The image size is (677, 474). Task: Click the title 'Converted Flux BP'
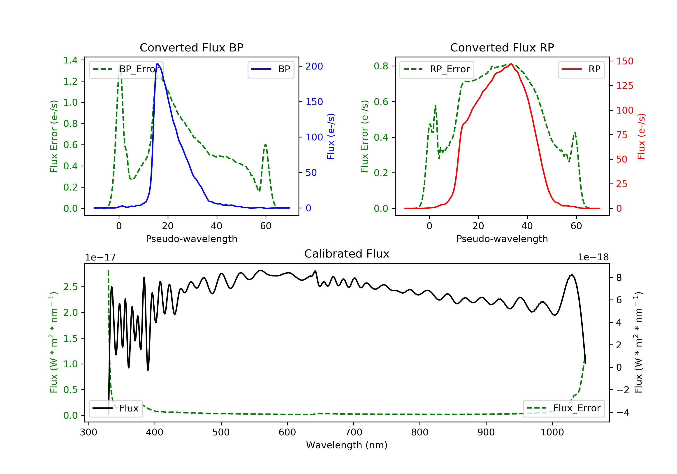(x=192, y=47)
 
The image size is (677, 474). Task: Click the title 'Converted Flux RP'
(x=502, y=47)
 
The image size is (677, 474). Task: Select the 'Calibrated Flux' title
(x=347, y=254)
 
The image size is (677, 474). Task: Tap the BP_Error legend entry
(x=126, y=69)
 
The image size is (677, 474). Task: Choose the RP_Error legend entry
(x=437, y=69)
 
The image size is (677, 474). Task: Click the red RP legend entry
(x=581, y=69)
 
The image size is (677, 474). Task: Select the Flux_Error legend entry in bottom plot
(x=564, y=408)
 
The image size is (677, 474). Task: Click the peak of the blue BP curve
(x=158, y=64)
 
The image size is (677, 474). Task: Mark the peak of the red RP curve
(x=511, y=64)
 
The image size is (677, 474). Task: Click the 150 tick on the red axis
(x=624, y=61)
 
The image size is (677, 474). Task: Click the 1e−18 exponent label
(x=593, y=257)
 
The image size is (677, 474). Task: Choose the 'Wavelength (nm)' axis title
(x=347, y=445)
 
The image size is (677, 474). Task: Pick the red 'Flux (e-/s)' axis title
(x=642, y=136)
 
